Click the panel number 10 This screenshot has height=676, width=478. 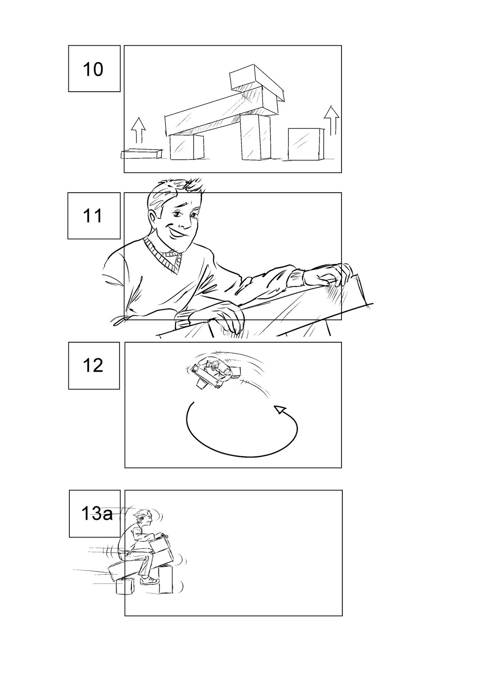click(93, 69)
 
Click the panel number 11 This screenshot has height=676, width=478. click(93, 216)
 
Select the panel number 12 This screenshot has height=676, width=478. click(93, 365)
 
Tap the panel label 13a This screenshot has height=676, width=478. click(97, 514)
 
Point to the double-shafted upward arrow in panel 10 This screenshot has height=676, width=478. click(331, 120)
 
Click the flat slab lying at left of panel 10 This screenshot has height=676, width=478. click(142, 154)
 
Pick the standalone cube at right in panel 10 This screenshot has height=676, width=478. click(306, 144)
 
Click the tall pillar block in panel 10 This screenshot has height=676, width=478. click(256, 137)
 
